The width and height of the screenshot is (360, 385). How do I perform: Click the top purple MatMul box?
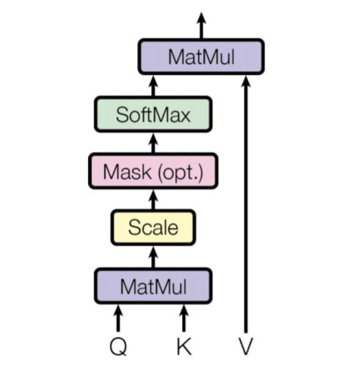tap(201, 57)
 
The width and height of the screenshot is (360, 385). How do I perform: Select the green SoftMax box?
tap(153, 114)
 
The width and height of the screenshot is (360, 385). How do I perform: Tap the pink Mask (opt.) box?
tap(153, 171)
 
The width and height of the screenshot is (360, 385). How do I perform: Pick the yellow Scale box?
tap(153, 228)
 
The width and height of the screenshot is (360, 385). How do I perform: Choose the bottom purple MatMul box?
tap(153, 286)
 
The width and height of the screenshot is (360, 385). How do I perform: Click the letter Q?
tap(118, 346)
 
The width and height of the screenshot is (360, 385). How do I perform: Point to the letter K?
tap(184, 346)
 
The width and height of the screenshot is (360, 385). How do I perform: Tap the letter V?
tap(246, 346)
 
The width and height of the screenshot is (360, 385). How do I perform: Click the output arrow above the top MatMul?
tap(202, 26)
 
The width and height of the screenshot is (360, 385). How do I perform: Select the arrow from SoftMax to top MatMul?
tap(153, 86)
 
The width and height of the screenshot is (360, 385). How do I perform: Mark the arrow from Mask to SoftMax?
tap(153, 143)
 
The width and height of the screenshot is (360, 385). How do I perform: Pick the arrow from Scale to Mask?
tap(153, 200)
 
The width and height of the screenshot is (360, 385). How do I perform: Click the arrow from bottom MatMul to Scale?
tap(153, 257)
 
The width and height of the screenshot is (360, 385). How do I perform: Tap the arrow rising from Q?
tap(118, 318)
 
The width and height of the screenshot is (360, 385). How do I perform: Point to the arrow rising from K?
tap(184, 318)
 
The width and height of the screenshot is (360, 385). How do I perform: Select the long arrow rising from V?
tap(246, 204)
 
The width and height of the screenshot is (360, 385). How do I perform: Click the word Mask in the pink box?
tap(127, 171)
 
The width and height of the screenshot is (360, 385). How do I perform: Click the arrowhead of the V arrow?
tap(246, 81)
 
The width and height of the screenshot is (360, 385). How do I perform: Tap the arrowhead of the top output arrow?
tap(202, 18)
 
